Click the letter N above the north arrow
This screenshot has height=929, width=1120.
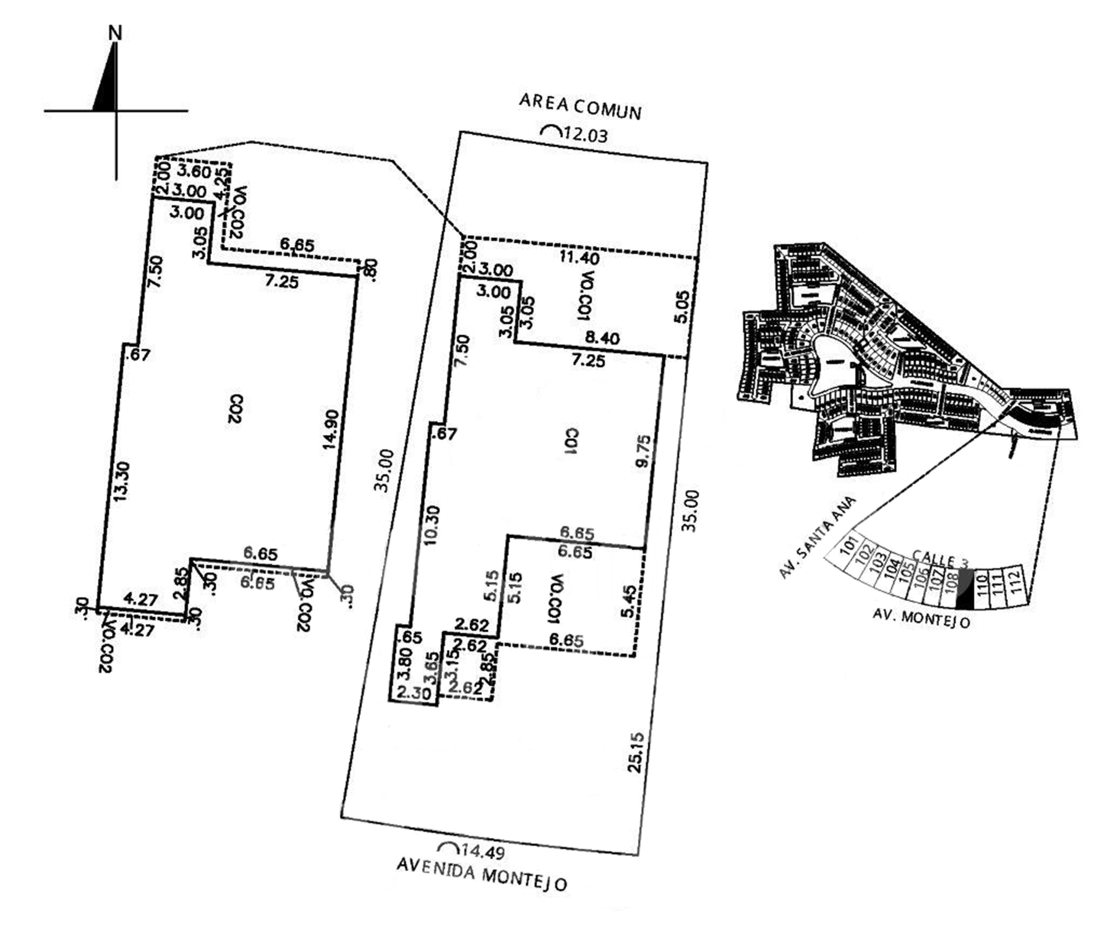[x=115, y=33]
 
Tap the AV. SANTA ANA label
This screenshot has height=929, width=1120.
[x=817, y=537]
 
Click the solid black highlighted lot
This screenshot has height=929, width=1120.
[x=965, y=589]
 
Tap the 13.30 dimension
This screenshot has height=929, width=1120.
[x=122, y=481]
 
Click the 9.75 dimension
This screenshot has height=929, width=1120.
[x=644, y=451]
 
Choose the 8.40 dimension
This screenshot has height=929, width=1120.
[x=603, y=338]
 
